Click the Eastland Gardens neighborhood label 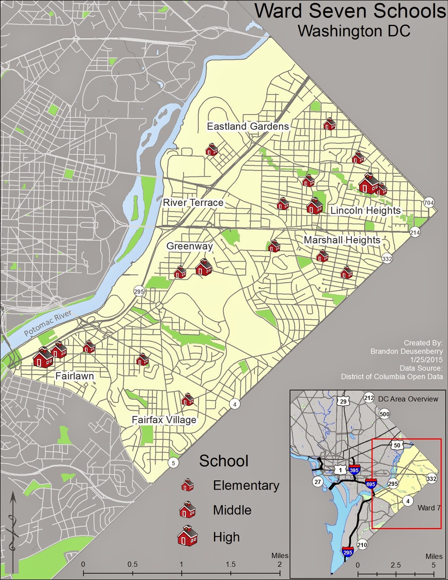[248, 126]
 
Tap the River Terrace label [193, 202]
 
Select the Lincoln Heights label [365, 210]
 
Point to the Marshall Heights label [342, 240]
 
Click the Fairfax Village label [164, 420]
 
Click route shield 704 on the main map [428, 203]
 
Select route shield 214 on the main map [415, 232]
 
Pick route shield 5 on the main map [173, 463]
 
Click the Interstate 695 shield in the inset [371, 484]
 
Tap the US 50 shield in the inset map [397, 445]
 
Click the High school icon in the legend [187, 536]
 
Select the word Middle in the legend [232, 510]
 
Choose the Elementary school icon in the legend [187, 485]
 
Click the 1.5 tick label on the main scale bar [230, 564]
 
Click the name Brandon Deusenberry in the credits [406, 351]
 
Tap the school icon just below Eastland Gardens [212, 149]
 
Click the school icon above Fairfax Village [187, 399]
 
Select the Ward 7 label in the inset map [428, 507]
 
